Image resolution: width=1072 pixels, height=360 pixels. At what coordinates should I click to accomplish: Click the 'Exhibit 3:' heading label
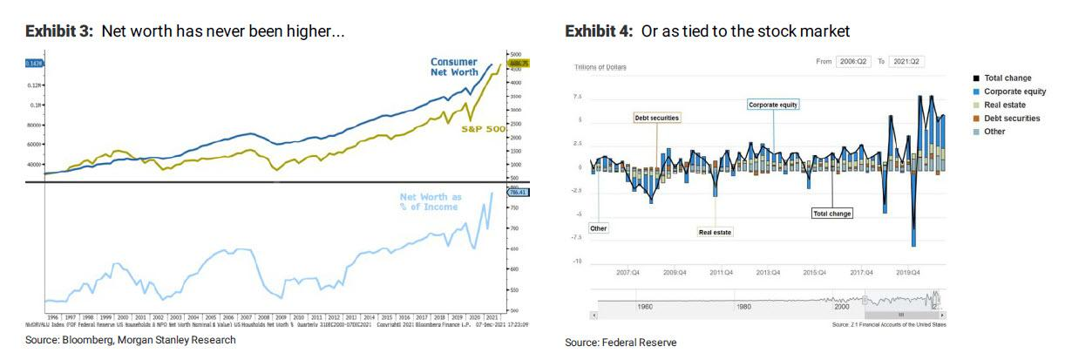tap(61, 31)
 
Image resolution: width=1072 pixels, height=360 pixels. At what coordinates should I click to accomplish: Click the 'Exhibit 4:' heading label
tap(600, 31)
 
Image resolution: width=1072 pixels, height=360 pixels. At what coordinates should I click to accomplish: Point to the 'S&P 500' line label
tap(484, 129)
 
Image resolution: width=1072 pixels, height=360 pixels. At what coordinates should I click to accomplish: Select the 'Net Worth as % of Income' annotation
tap(431, 202)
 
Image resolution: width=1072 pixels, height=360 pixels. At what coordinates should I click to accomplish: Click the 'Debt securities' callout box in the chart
tap(656, 117)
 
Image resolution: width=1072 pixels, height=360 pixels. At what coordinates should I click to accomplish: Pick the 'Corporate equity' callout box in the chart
tap(773, 105)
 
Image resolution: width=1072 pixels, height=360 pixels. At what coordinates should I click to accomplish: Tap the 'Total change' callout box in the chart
tap(831, 214)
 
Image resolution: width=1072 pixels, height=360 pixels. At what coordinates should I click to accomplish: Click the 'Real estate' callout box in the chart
tap(715, 233)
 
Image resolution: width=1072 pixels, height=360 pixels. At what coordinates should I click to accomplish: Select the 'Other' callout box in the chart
tap(598, 228)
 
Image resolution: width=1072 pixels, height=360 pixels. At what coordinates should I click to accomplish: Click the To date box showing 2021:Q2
tap(906, 62)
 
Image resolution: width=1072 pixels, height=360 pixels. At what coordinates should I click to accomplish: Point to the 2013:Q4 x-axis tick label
tap(768, 272)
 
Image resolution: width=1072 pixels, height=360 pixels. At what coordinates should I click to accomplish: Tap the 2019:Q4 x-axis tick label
tap(909, 272)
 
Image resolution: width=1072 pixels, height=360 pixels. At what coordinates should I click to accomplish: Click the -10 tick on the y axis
tap(576, 262)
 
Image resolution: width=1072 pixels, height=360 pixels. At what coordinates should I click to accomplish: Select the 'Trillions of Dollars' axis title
tap(600, 67)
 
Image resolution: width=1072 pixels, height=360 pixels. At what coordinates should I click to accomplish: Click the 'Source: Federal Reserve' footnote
tap(620, 343)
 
